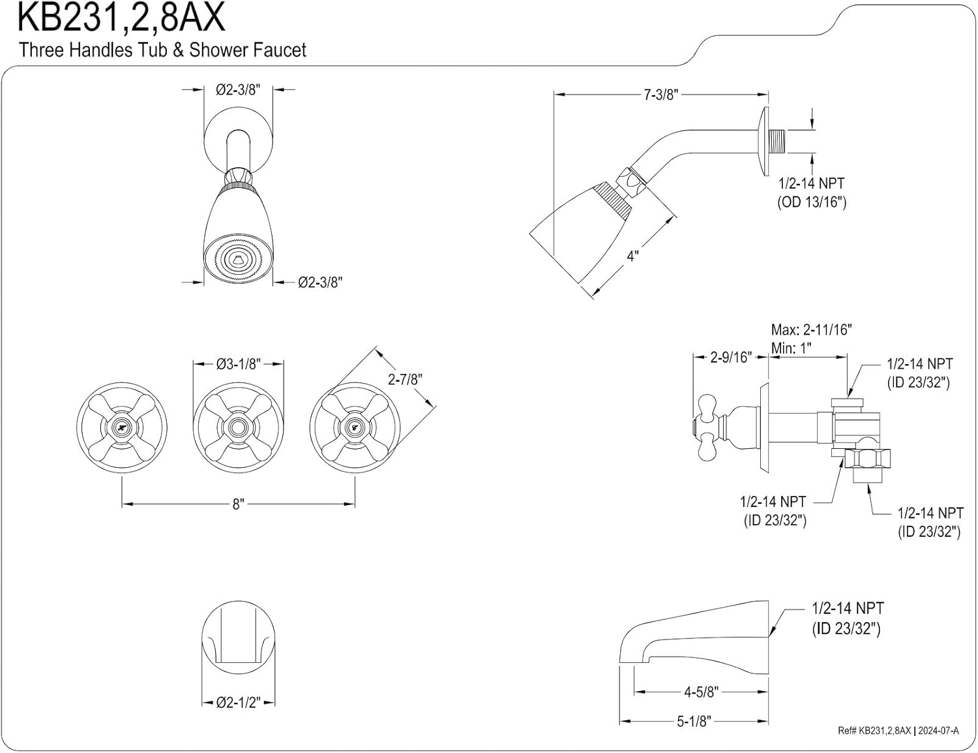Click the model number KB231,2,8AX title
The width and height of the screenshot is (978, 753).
click(121, 18)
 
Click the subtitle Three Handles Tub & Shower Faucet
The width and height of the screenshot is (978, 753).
click(162, 50)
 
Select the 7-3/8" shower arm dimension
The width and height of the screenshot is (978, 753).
click(660, 95)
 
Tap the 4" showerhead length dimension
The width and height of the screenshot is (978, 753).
click(632, 256)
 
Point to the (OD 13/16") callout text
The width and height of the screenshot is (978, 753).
click(811, 202)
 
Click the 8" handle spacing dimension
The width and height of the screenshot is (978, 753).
click(238, 504)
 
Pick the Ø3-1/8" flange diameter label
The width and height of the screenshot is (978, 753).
click(238, 363)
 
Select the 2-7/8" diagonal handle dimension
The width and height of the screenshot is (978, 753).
click(405, 379)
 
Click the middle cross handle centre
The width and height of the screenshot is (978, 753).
click(238, 428)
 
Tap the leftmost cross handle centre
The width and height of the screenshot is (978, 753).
click(122, 428)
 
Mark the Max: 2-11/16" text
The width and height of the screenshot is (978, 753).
click(811, 330)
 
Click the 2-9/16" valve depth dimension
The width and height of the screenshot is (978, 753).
click(730, 358)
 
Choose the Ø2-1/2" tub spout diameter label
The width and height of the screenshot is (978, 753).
click(238, 703)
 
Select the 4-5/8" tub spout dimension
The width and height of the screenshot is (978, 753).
click(701, 692)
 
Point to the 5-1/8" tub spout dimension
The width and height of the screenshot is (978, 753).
click(692, 721)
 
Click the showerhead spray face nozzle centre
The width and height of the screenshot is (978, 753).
click(238, 260)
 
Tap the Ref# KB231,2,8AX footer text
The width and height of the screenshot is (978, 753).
click(874, 731)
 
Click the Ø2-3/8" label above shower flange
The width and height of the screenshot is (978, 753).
click(238, 90)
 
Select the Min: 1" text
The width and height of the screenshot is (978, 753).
click(791, 348)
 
